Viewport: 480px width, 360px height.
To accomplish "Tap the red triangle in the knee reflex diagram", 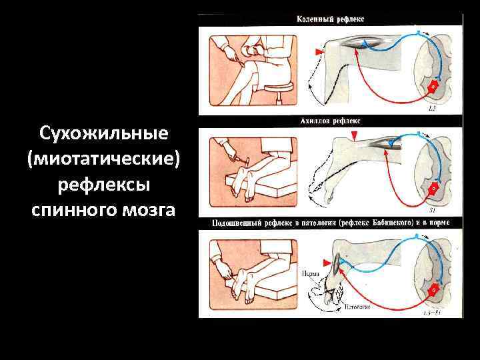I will pos(320,51).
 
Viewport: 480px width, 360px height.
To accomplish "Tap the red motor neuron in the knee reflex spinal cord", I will pos(431,85).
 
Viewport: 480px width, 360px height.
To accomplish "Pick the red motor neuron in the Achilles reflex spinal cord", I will pos(433,189).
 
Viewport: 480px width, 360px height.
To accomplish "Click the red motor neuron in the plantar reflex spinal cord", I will pos(432,290).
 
